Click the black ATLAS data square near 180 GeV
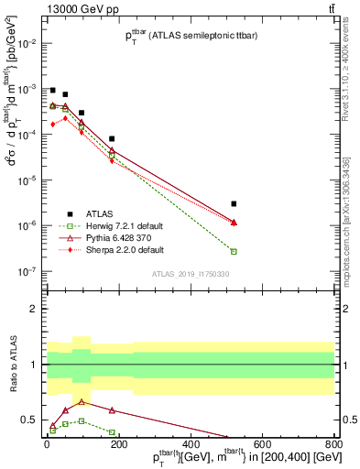[112, 138]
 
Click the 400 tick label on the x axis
[190, 442]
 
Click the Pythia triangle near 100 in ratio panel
[82, 401]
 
